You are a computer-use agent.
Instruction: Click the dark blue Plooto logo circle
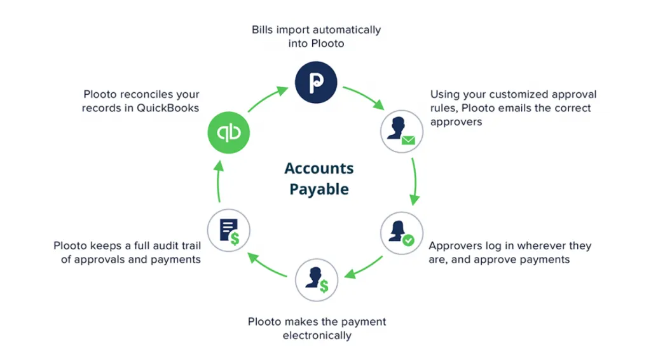click(x=316, y=82)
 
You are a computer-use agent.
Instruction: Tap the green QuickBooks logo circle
click(x=229, y=132)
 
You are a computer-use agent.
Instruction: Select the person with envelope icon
click(x=402, y=131)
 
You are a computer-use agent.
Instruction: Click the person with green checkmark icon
click(x=402, y=233)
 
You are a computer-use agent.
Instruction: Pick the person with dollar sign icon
click(x=317, y=280)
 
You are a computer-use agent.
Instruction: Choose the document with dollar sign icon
click(x=229, y=230)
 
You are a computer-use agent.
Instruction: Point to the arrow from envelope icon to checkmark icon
click(x=415, y=181)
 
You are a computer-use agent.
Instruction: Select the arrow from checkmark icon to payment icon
click(x=364, y=268)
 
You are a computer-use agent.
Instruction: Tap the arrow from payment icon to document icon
click(x=267, y=265)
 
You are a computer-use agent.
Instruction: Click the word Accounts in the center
click(x=319, y=168)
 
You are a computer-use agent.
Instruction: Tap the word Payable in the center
click(x=319, y=190)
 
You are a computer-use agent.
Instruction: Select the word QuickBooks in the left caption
click(x=168, y=108)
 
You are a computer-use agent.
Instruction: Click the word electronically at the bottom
click(x=317, y=335)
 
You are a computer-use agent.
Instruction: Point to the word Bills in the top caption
click(x=263, y=30)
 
